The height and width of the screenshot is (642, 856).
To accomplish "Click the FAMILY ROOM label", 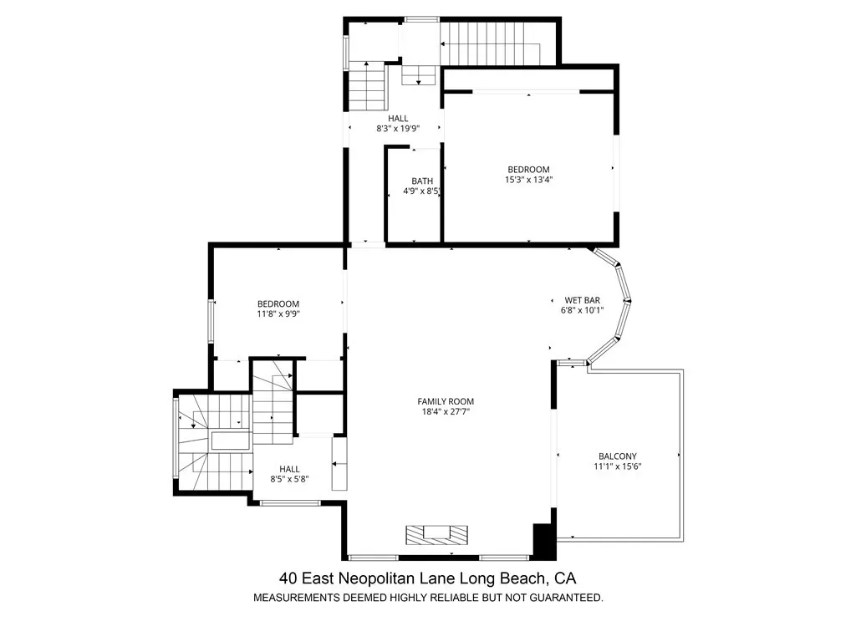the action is coord(446,401).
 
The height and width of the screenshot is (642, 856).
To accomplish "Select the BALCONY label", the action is coord(618,456).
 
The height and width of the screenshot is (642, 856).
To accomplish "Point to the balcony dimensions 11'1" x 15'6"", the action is coord(618,466).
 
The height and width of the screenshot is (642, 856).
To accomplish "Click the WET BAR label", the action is coord(583,300).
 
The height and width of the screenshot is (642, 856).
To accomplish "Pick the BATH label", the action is coord(422,181).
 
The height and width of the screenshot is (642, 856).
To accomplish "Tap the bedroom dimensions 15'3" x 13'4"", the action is coord(528,179).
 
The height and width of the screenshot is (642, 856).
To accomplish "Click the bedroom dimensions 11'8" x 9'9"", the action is coord(278,314).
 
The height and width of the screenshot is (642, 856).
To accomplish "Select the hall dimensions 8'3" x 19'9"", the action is coord(398,129).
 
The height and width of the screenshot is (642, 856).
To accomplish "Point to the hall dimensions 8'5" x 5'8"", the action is coord(289,479).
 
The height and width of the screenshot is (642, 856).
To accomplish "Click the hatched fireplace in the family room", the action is coord(436,534).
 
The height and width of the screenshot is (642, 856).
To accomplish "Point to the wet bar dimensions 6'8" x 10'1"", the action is coord(582,311).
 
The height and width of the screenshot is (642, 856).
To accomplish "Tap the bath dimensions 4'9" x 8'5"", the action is coord(421,191).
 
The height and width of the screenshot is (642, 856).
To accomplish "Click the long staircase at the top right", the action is coord(490,43).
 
